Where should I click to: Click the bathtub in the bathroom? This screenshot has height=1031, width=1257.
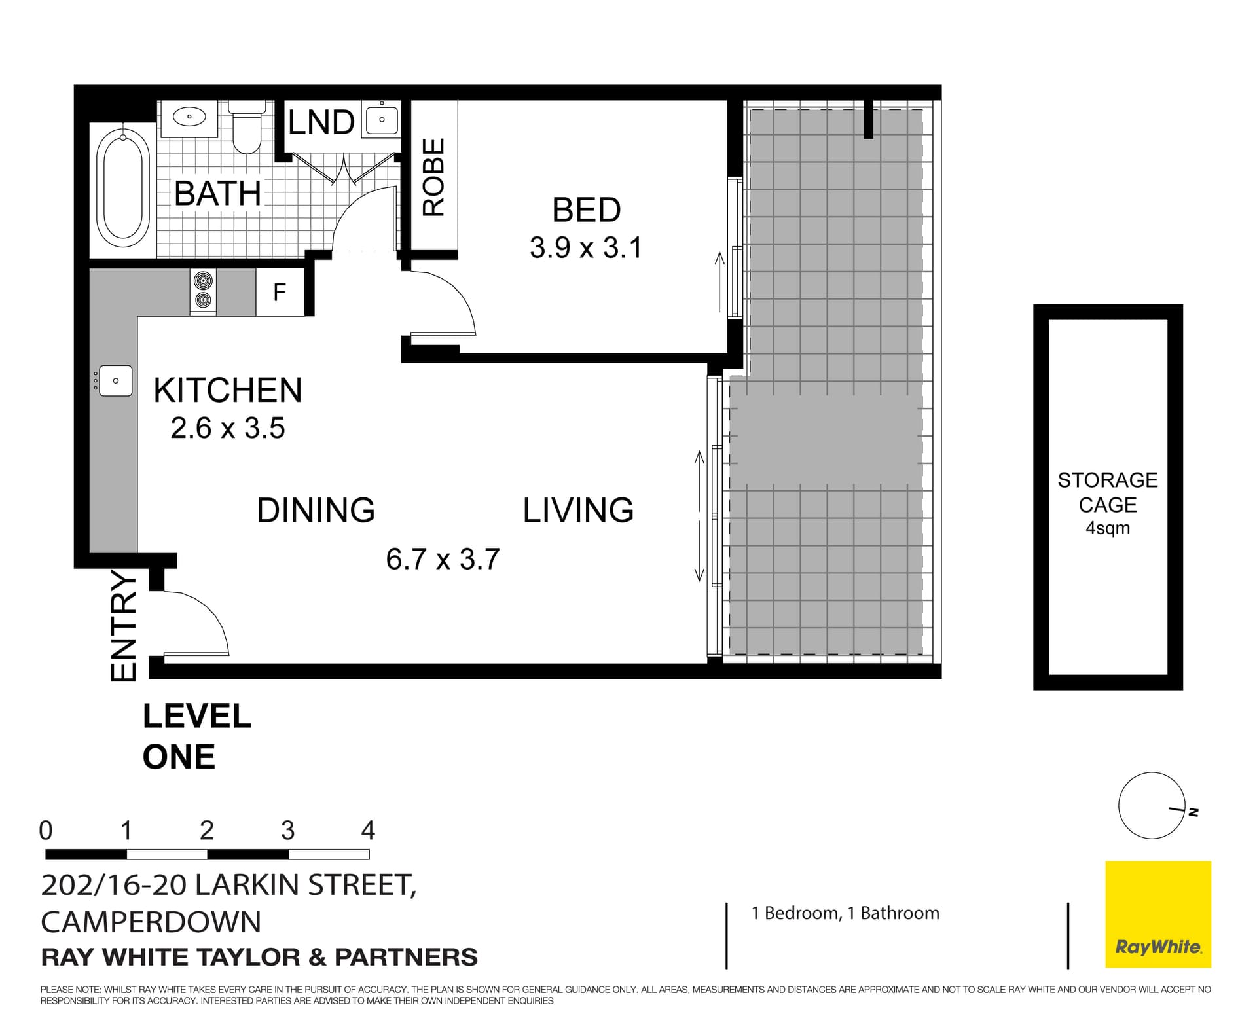[x=122, y=187]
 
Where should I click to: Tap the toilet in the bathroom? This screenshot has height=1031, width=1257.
[x=247, y=128]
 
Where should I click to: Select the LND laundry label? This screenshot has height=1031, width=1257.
[x=321, y=122]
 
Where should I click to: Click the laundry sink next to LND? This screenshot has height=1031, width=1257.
[x=382, y=120]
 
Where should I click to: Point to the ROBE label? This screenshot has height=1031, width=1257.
[x=433, y=177]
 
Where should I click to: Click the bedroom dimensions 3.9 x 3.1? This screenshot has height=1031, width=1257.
[x=586, y=248]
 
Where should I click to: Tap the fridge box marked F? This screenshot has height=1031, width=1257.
[x=280, y=292]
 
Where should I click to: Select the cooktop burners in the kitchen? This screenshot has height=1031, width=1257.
[x=203, y=291]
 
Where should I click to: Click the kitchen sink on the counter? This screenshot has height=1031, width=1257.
[x=115, y=381]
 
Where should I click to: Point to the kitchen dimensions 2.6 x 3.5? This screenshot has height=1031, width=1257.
[x=228, y=429]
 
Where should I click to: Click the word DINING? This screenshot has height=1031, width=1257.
[x=316, y=511]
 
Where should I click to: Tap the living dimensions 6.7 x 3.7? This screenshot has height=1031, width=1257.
[x=443, y=560]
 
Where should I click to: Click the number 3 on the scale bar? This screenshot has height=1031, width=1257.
[x=287, y=831]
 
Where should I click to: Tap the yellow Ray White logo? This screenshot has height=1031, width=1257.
[x=1158, y=914]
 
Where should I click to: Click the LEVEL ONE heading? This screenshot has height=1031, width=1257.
[x=196, y=736]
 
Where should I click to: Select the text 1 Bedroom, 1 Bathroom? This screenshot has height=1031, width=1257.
[x=845, y=913]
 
